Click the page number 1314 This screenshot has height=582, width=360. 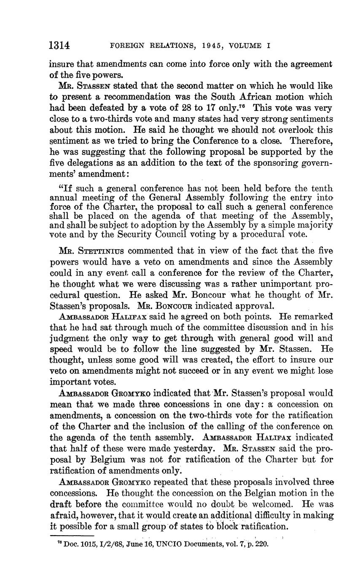59,45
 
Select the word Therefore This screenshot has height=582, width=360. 311,141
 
